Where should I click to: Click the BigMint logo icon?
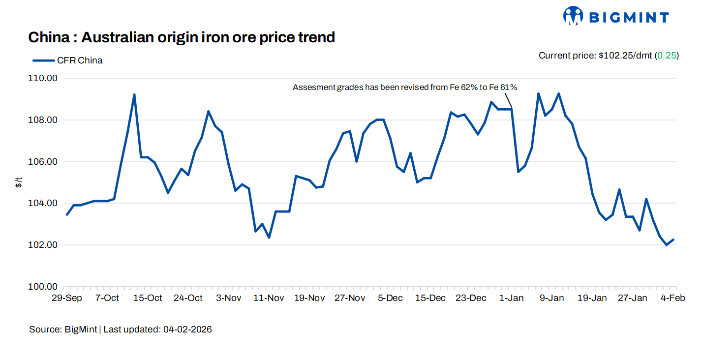573,16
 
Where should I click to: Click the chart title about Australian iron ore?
182,37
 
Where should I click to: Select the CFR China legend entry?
67,60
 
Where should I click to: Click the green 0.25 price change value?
667,56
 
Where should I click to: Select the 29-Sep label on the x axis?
67,298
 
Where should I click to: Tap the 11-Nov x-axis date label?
269,298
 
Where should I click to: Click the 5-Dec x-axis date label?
390,298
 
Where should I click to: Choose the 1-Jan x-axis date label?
512,298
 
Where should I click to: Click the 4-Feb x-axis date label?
673,298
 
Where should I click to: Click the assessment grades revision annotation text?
404,88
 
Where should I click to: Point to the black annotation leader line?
509,100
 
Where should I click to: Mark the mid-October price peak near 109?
134,95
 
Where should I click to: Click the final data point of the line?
673,240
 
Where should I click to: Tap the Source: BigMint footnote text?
63,330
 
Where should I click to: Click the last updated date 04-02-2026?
187,330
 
